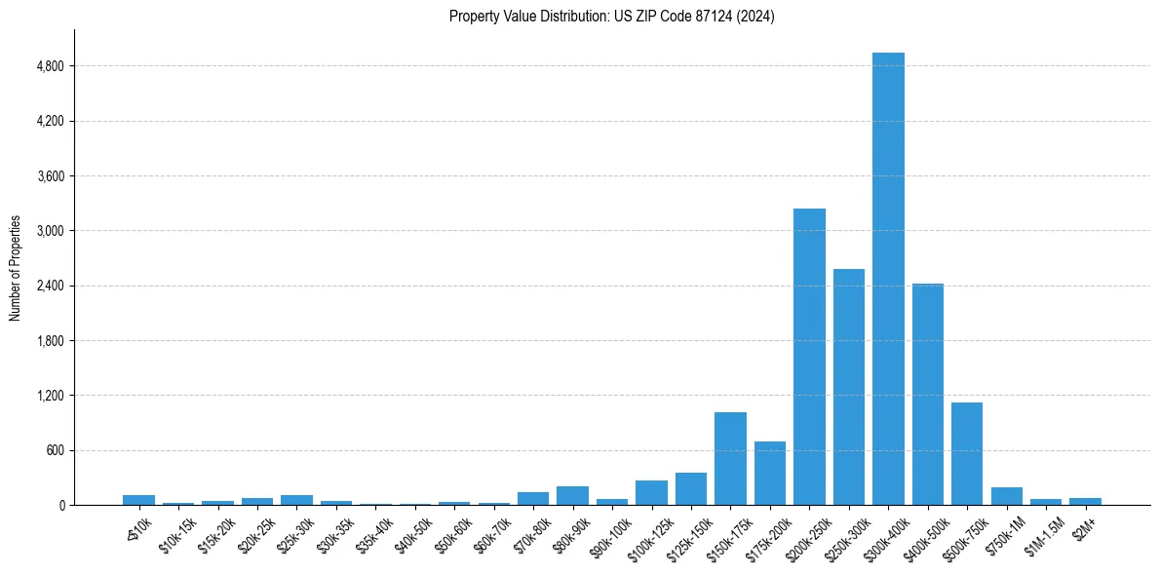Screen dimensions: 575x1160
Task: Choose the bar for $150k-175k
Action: click(x=730, y=459)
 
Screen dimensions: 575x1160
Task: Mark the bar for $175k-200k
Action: click(x=769, y=474)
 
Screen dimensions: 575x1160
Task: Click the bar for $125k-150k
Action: click(x=691, y=489)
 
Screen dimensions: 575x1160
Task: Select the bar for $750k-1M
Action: click(x=1006, y=496)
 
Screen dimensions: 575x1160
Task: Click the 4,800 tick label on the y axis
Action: click(x=50, y=66)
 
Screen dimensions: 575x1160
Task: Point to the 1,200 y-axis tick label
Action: click(x=50, y=396)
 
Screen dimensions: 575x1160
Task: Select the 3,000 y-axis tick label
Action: click(x=50, y=231)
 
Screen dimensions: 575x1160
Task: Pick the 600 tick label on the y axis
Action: click(x=55, y=450)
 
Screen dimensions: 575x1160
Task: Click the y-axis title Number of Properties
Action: click(x=16, y=267)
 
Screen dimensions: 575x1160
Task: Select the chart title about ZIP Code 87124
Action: click(x=611, y=17)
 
